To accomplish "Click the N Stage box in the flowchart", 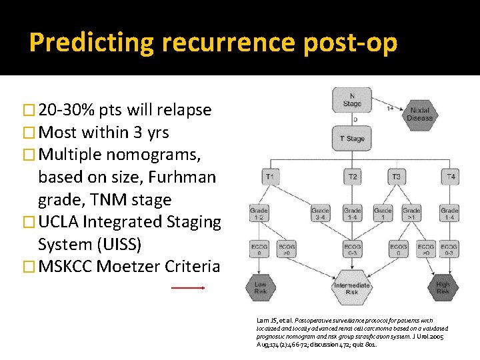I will [352, 100].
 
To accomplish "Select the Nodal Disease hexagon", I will [419, 113].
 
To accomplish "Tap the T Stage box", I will [352, 139].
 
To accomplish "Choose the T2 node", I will [352, 177].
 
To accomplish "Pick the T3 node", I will [397, 177].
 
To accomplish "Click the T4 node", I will [450, 177].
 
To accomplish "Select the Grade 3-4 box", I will [320, 213].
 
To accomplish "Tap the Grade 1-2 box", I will [259, 213].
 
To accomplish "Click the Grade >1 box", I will [411, 213].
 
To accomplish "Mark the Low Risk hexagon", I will [259, 288].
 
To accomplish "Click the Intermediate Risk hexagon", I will [352, 288].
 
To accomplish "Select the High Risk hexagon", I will [443, 288].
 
